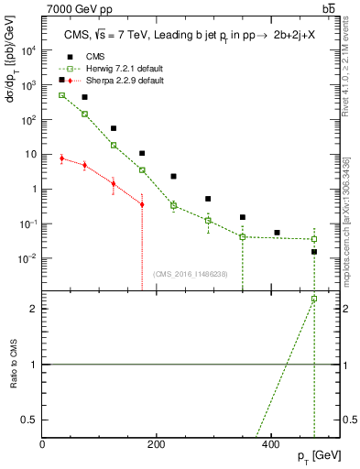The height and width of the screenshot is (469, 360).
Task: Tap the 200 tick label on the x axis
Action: tap(157, 445)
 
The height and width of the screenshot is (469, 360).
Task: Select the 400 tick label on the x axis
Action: tap(270, 445)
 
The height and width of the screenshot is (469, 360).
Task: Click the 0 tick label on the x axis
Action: tap(43, 445)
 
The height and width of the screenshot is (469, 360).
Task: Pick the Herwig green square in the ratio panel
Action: tap(313, 299)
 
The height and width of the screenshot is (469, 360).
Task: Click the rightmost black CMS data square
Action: tap(313, 251)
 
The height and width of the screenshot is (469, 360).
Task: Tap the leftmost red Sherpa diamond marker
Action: tap(61, 158)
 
